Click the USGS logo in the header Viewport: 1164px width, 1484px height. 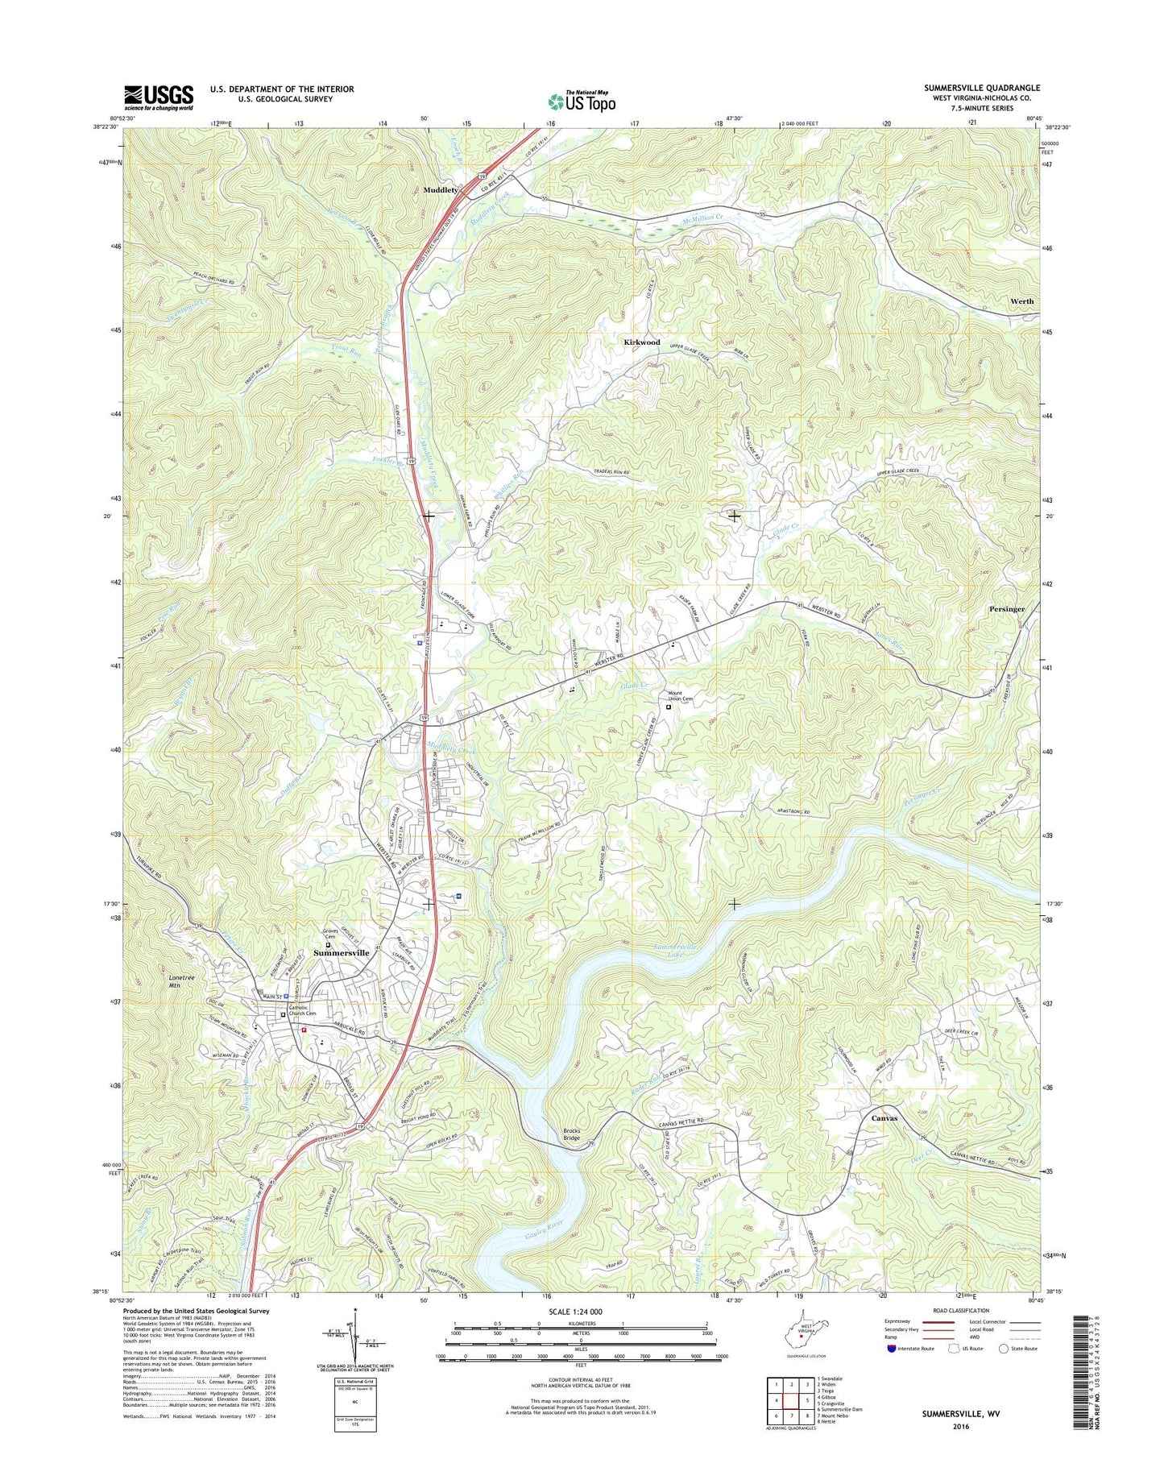(x=158, y=97)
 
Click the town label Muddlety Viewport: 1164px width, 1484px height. (x=441, y=190)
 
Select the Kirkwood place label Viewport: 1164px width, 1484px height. (x=642, y=342)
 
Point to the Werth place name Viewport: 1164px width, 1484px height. (x=1021, y=301)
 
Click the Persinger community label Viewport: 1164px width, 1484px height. (x=1007, y=609)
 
